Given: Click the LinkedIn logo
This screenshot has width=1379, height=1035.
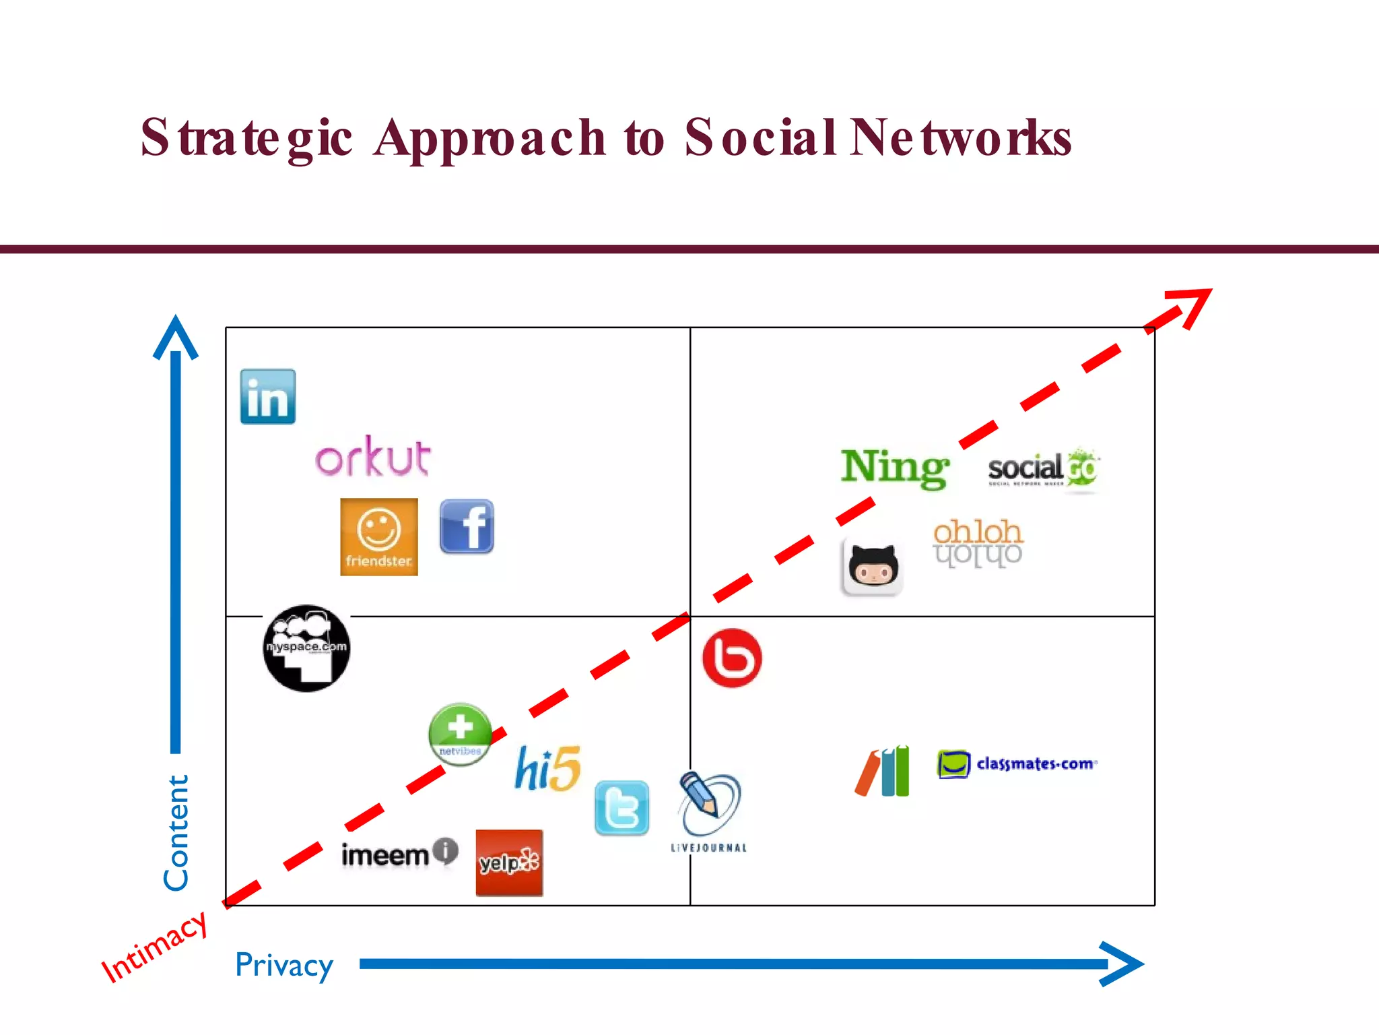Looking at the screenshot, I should click(x=268, y=397).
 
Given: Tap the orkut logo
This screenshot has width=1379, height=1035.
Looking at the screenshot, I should click(x=372, y=457).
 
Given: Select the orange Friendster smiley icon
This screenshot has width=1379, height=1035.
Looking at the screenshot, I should click(x=379, y=537).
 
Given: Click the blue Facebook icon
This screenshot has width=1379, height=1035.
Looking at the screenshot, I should click(x=467, y=527).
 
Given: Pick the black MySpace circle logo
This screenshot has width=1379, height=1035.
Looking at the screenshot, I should click(x=306, y=648).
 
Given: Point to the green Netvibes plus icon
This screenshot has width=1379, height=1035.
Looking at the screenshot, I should click(x=461, y=734).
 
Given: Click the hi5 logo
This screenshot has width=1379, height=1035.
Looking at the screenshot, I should click(x=547, y=768).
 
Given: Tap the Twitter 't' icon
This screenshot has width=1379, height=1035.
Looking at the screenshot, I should click(x=622, y=809).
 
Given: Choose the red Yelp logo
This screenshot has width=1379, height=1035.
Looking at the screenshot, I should click(x=509, y=862).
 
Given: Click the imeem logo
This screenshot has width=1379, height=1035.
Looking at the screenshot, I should click(x=399, y=854).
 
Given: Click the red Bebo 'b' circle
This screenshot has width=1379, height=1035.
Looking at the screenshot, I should click(x=732, y=658).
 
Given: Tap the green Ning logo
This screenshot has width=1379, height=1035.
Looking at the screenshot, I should click(x=895, y=468).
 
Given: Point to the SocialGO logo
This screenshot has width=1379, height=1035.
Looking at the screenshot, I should click(x=1043, y=469).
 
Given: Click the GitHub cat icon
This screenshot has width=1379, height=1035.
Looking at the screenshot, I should click(x=872, y=567).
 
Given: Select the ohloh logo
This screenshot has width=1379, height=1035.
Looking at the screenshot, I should click(x=978, y=542).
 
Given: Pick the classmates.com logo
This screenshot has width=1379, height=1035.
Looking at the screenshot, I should click(x=1017, y=764).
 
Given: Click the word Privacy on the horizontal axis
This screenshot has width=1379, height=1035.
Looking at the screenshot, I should click(x=283, y=965).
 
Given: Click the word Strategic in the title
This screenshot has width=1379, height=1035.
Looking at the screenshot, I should click(x=246, y=138).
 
